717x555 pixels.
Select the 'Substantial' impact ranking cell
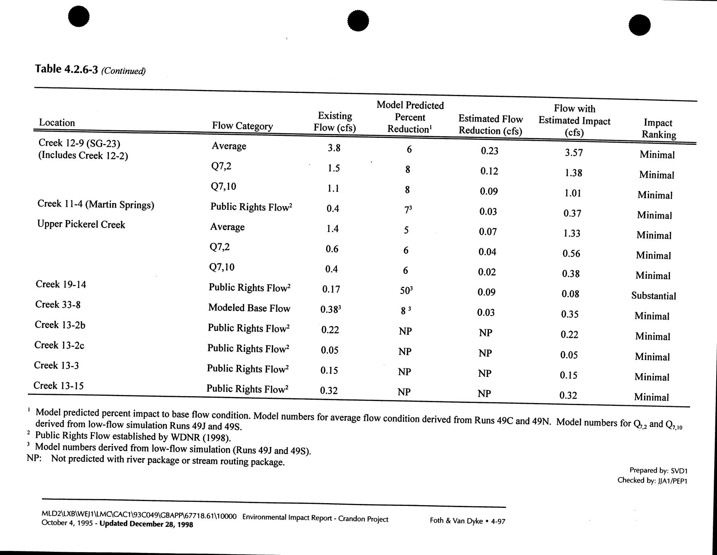pos(653,296)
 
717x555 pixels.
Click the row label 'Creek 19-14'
pos(61,284)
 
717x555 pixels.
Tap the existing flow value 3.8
pos(334,148)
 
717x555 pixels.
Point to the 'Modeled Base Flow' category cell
pos(249,308)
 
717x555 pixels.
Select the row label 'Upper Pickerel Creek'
pos(81,224)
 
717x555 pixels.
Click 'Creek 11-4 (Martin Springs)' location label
pos(96,205)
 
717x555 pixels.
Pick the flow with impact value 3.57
pos(573,152)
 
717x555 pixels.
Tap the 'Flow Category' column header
pos(242,126)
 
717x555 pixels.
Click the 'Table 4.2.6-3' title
pos(66,69)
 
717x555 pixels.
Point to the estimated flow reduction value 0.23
pos(489,151)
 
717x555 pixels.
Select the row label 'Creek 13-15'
pos(58,386)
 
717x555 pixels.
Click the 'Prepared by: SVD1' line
pos(658,470)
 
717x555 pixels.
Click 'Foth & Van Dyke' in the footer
pos(456,520)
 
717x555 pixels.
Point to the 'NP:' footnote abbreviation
pos(34,458)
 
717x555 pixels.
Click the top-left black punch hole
pos(79,16)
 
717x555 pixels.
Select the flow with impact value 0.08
pos(570,294)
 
